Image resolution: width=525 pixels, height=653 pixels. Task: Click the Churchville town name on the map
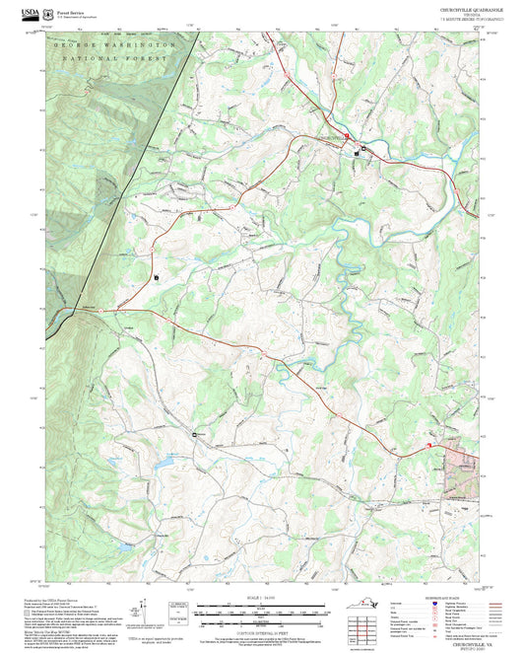pyautogui.click(x=334, y=137)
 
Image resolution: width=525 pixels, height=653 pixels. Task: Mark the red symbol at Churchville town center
pyautogui.click(x=347, y=137)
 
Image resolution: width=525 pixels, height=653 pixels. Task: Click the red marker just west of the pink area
pyautogui.click(x=429, y=448)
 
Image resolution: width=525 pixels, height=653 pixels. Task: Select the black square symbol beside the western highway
pyautogui.click(x=156, y=278)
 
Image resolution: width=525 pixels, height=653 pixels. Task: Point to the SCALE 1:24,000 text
pyautogui.click(x=260, y=598)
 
